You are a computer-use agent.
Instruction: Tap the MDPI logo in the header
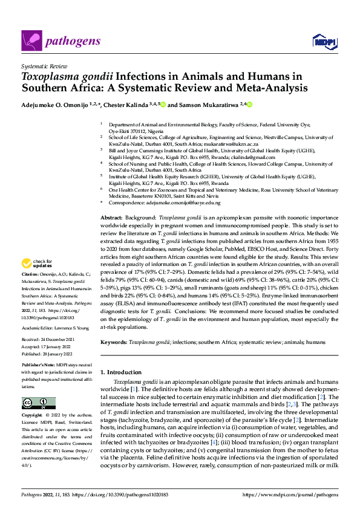[x=321, y=41]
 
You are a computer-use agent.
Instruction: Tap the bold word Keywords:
[x=114, y=342]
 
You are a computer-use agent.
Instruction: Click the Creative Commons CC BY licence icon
[x=34, y=404]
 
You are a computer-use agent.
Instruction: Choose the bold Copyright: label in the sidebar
[x=33, y=417]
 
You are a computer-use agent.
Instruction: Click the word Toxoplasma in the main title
[x=49, y=77]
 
